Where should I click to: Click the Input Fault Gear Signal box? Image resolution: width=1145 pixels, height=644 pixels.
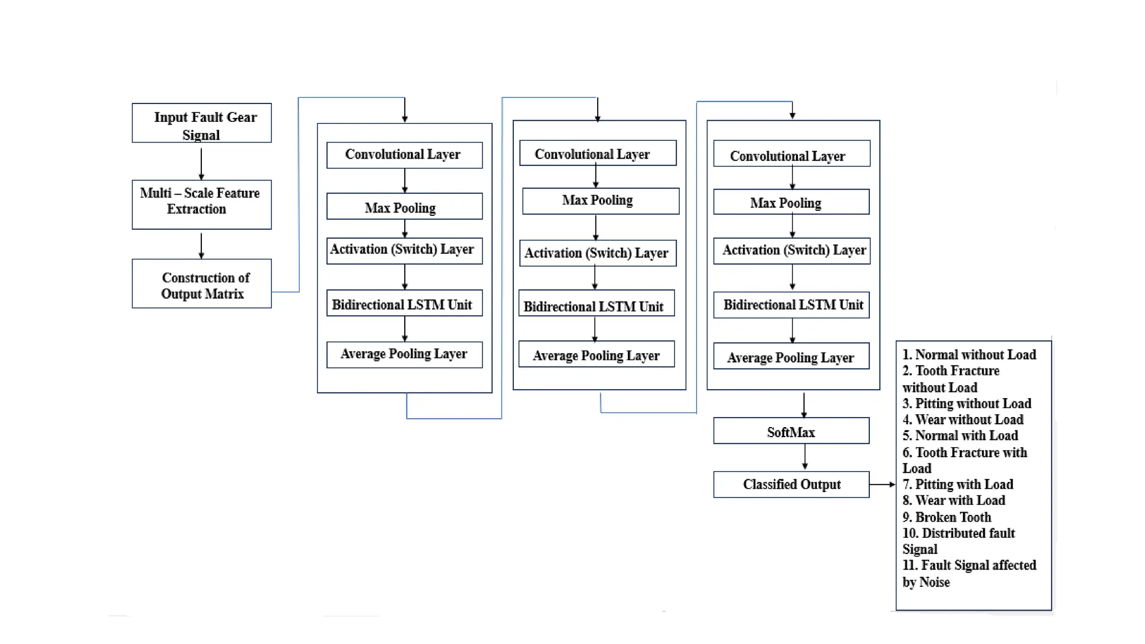pos(201,123)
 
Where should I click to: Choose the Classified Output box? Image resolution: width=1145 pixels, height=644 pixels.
pos(791,484)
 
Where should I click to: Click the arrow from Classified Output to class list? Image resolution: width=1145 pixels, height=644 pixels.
pos(883,485)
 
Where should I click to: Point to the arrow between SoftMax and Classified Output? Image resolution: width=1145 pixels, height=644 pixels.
pos(805,457)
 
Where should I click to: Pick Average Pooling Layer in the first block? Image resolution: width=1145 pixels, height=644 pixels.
pos(404,354)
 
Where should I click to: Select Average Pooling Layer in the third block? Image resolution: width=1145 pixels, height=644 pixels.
pos(791,357)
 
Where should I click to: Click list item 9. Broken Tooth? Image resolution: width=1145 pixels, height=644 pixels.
pos(947,517)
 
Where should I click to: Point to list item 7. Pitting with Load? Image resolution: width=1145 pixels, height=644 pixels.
pos(958,484)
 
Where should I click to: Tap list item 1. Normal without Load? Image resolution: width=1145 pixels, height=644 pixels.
pos(969,354)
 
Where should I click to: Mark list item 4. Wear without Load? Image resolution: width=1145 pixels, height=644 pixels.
pos(963,419)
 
